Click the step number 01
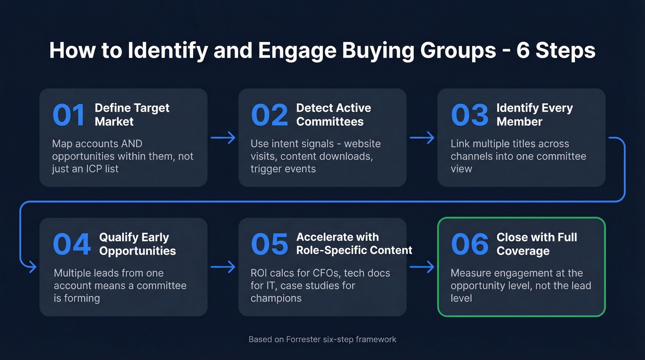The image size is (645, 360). [x=69, y=115]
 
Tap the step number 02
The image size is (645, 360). [x=269, y=115]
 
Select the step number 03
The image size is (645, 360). [x=469, y=115]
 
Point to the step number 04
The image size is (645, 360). [x=72, y=245]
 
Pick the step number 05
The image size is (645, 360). [x=269, y=245]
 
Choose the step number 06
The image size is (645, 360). [x=469, y=245]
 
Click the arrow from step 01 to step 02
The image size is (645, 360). [x=223, y=137]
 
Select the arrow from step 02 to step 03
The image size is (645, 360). [x=422, y=137]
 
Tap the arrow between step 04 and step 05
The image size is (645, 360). [x=223, y=266]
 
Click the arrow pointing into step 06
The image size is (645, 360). [x=422, y=266]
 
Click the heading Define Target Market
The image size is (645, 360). [x=132, y=115]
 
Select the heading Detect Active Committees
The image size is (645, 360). [x=334, y=115]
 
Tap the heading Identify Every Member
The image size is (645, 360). [x=534, y=115]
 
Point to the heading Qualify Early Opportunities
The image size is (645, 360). [x=137, y=244]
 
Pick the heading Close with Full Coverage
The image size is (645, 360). [x=536, y=244]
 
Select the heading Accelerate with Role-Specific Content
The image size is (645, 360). [x=354, y=244]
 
